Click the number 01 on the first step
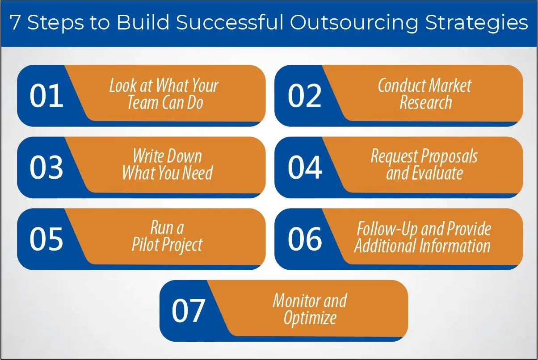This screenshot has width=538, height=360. coord(46,96)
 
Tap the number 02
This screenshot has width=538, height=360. coord(305,96)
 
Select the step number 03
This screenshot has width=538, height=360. coord(46,167)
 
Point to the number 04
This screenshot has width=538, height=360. coord(305,167)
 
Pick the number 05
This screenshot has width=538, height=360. coord(46,239)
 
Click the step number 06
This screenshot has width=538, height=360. coord(305,239)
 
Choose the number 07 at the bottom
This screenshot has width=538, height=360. coord(188,310)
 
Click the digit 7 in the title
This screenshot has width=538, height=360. coord(15,22)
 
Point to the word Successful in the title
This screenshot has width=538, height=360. coord(230,22)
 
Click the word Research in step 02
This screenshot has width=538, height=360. coord(426,102)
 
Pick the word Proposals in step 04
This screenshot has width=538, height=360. coord(449,157)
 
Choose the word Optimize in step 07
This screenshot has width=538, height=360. coord(310,318)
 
